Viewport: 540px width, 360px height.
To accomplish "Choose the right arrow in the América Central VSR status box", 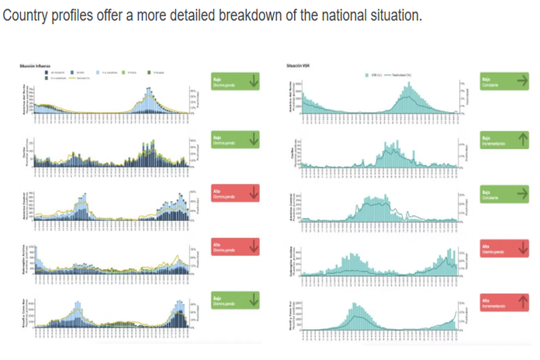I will tap(522, 192).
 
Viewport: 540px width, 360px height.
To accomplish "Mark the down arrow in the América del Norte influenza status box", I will tap(252, 81).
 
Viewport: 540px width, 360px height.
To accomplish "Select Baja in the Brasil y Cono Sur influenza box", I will tap(216, 298).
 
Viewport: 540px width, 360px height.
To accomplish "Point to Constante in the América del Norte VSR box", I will tap(490, 85).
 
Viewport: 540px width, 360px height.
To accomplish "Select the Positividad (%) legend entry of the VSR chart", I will tap(403, 73).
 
